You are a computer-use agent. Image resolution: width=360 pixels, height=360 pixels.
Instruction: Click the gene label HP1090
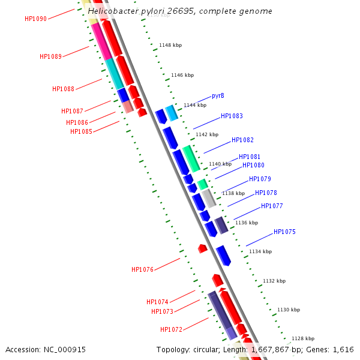35,19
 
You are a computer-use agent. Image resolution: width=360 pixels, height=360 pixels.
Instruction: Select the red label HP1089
50,56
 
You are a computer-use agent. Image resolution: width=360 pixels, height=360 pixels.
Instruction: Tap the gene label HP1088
63,89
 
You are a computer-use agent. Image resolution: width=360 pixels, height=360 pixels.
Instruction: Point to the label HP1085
81,131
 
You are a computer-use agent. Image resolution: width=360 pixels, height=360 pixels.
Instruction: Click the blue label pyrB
218,96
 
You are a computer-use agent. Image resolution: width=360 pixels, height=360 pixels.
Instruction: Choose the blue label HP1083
232,116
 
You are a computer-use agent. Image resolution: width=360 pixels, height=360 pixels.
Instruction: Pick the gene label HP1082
242,140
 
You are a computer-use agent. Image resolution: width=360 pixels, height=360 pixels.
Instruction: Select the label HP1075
284,232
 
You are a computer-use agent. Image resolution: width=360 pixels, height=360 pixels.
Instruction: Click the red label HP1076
142,270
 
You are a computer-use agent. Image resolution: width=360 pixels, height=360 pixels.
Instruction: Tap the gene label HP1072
171,329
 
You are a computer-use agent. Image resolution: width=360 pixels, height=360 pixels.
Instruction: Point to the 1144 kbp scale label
194,105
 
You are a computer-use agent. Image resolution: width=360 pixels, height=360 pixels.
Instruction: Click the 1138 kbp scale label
233,193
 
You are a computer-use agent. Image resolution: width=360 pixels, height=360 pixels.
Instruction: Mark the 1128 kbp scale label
303,338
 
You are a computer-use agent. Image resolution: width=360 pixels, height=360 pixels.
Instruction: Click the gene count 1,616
343,350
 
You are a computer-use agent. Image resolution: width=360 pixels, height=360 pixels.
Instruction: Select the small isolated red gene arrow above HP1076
203,248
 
